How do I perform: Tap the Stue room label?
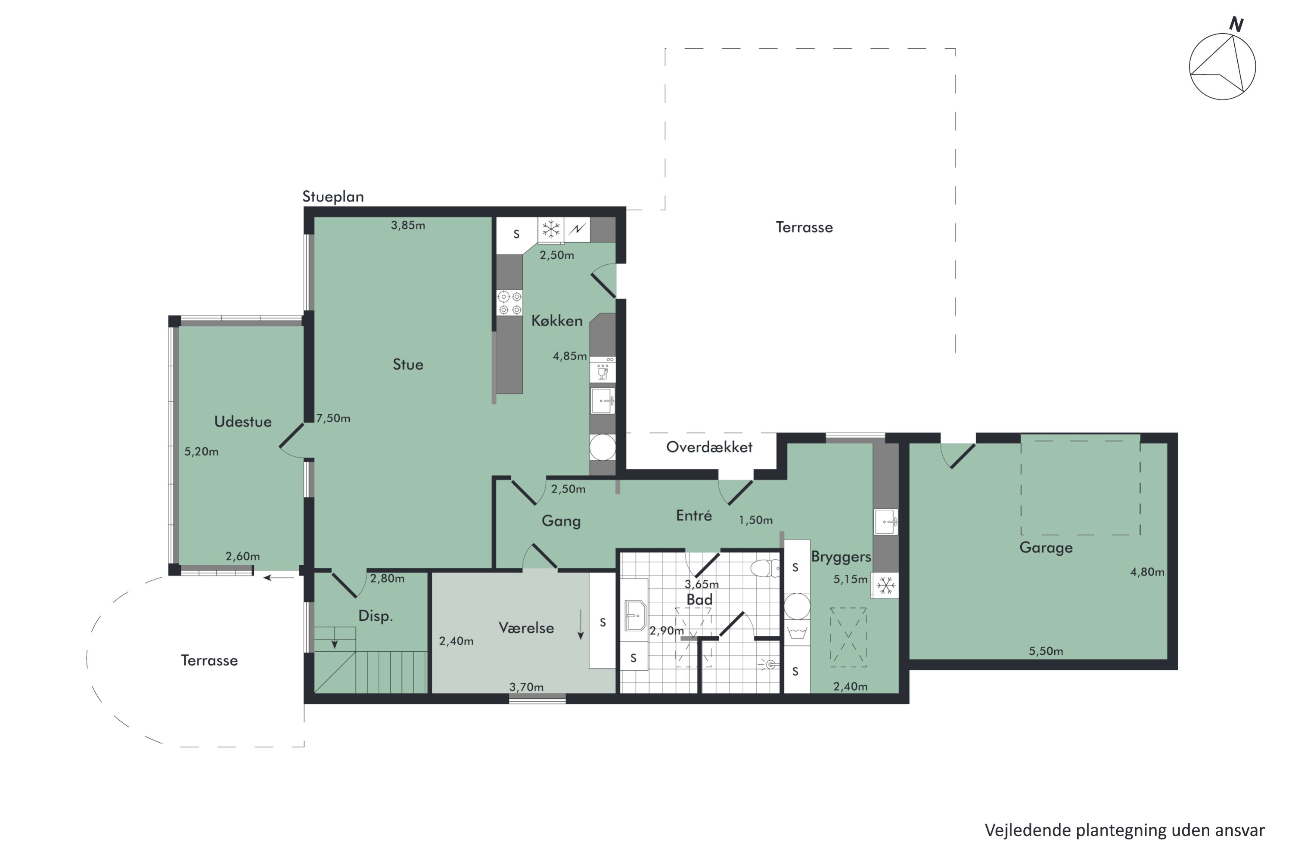coord(407,365)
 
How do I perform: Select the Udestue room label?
coord(243,422)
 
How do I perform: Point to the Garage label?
coord(1046,548)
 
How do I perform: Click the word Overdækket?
coord(709,447)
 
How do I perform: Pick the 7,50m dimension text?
coord(333,418)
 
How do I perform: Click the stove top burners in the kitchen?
coord(509,303)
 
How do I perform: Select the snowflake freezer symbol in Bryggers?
coord(885,586)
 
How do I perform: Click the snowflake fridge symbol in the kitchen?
coord(550,229)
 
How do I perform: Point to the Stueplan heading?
coord(333,197)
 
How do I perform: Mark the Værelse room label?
coord(526,628)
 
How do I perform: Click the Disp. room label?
coord(376,616)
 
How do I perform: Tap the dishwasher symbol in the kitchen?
coord(603,369)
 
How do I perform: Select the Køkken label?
coord(556,321)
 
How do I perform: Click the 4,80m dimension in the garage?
coord(1147,572)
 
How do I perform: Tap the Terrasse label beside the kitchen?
coord(804,227)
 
